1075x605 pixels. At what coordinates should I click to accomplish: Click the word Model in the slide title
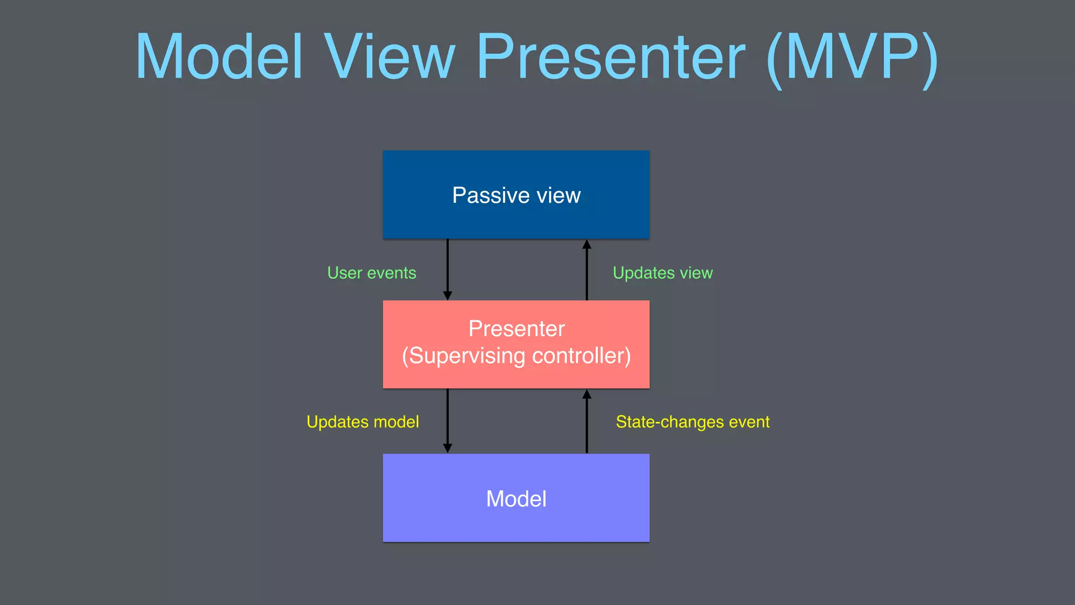point(219,57)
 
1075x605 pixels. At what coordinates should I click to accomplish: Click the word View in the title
point(389,57)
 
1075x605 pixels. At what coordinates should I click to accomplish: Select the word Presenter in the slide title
point(610,57)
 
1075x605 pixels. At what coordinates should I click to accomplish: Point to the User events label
point(372,273)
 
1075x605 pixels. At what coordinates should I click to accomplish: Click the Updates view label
point(662,273)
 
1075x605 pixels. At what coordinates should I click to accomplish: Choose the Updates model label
point(363,422)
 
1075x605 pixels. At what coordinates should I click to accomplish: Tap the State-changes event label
point(692,422)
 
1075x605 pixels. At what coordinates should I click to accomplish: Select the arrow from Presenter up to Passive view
point(587,270)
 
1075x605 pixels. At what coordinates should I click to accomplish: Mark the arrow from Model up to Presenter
point(587,423)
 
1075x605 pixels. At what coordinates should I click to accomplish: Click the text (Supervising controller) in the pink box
point(516,356)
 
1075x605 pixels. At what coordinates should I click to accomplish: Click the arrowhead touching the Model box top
point(447,448)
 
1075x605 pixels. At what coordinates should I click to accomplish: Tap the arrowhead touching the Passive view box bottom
point(587,244)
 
